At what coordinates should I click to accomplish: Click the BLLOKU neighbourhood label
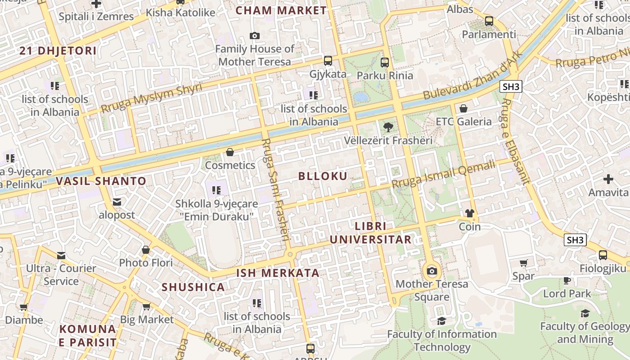coord(323,176)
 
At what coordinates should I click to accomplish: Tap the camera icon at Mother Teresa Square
coord(432,271)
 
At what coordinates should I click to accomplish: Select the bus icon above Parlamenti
coord(489,21)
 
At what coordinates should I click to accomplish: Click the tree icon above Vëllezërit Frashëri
coord(388,127)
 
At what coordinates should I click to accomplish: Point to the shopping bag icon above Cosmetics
coord(230,152)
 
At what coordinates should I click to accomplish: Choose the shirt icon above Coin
coord(470,213)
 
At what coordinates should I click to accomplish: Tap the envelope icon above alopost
coord(117,202)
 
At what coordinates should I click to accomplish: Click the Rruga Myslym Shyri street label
coord(151,98)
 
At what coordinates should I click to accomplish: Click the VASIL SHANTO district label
coord(101,181)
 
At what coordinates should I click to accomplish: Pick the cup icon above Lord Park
coord(567,281)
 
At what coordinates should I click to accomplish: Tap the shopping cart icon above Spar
coord(523,263)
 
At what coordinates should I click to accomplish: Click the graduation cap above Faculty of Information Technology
coord(441,321)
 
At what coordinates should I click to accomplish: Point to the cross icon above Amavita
coord(608,179)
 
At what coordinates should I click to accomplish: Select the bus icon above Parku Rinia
coord(384,62)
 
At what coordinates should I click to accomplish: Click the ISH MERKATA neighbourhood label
coord(278,273)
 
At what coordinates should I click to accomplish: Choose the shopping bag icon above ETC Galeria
coord(463,108)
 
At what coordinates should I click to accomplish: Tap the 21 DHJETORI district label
coord(58,50)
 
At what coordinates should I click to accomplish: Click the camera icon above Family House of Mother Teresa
coord(255,36)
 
